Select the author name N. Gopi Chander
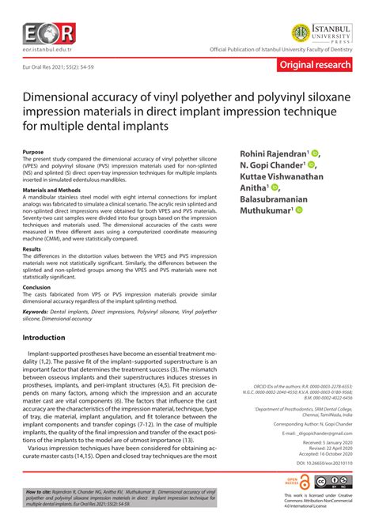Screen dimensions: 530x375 [291, 165]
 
